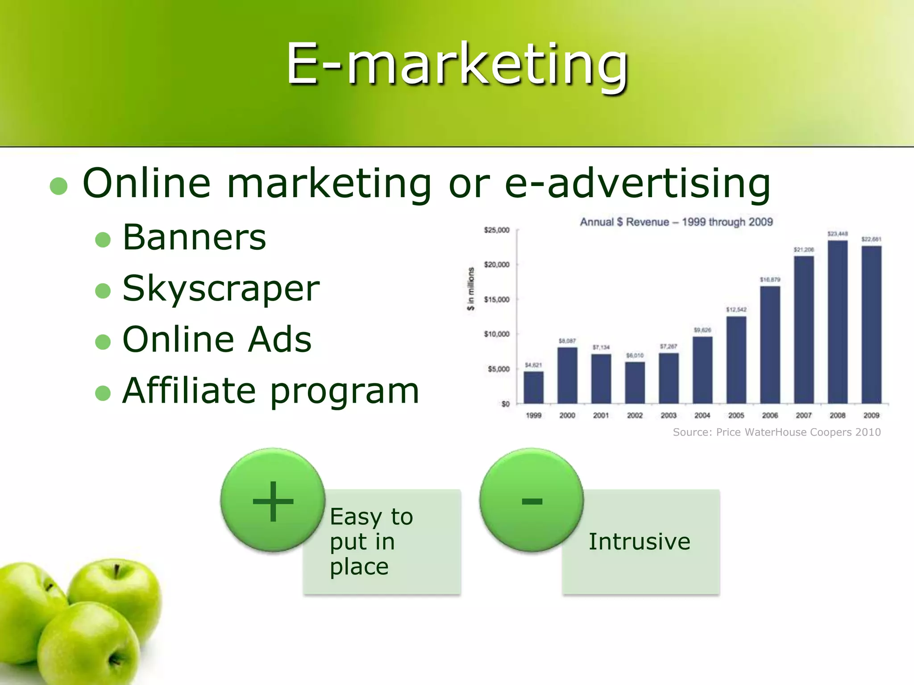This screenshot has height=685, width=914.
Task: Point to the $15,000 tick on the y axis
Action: click(x=497, y=299)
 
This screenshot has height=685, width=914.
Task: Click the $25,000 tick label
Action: click(x=497, y=230)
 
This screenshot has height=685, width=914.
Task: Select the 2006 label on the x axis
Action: click(x=770, y=415)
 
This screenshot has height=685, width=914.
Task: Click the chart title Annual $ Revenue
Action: click(x=676, y=222)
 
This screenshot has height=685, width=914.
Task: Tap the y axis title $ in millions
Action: click(x=470, y=289)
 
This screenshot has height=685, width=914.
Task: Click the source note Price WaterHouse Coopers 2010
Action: click(x=777, y=432)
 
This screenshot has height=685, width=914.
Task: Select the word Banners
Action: click(x=194, y=237)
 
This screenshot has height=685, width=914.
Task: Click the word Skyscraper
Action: click(x=221, y=289)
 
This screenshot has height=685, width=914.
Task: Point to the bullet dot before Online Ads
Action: click(x=103, y=342)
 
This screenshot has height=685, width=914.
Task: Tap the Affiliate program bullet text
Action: click(x=270, y=391)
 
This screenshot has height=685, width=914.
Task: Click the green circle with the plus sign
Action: click(x=273, y=500)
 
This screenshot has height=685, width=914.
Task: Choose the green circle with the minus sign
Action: click(x=532, y=500)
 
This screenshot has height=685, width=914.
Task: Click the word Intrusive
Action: click(x=639, y=541)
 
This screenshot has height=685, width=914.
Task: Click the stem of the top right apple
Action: click(x=116, y=571)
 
